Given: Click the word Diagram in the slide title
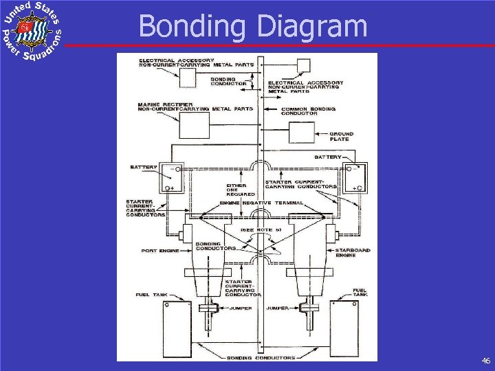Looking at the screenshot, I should pyautogui.click(x=313, y=26).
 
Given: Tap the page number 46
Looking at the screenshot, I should pyautogui.click(x=485, y=360).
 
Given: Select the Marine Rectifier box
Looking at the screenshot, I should pyautogui.click(x=194, y=125).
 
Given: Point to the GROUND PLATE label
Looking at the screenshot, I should pyautogui.click(x=341, y=136).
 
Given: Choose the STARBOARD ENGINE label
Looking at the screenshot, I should pyautogui.click(x=355, y=253).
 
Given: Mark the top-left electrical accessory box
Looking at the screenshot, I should pyautogui.click(x=188, y=78).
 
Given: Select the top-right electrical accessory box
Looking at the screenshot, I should pyautogui.click(x=303, y=66).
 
